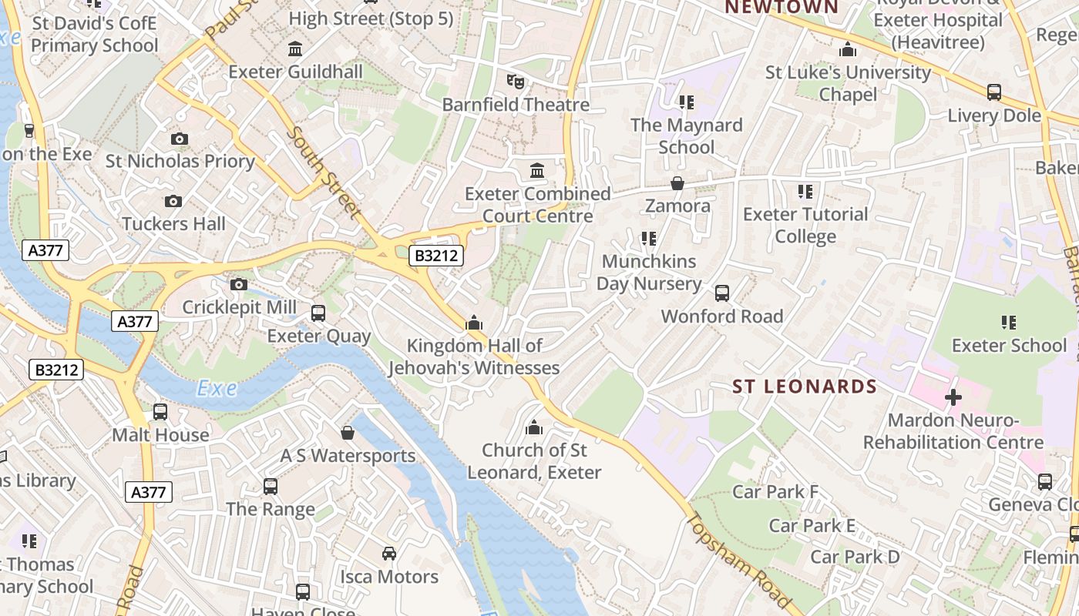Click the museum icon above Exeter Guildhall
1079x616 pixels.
[294, 49]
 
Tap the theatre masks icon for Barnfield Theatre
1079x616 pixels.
[515, 81]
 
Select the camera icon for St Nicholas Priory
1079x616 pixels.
[180, 139]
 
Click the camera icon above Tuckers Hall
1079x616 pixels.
[173, 202]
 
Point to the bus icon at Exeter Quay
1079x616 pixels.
[318, 313]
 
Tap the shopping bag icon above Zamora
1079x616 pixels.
[677, 183]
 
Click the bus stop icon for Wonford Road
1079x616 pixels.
[722, 293]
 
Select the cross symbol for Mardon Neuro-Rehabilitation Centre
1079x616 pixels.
[953, 397]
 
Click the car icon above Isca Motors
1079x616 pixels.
[389, 554]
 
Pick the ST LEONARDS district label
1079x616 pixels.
[805, 387]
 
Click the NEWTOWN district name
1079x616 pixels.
[782, 8]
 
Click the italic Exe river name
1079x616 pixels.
[217, 388]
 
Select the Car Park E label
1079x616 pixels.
[812, 526]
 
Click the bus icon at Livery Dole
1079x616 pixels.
[994, 93]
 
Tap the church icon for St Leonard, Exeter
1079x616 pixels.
[533, 427]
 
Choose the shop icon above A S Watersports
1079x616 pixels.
[348, 433]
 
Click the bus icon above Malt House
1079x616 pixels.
[160, 412]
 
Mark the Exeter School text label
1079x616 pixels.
[1009, 346]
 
